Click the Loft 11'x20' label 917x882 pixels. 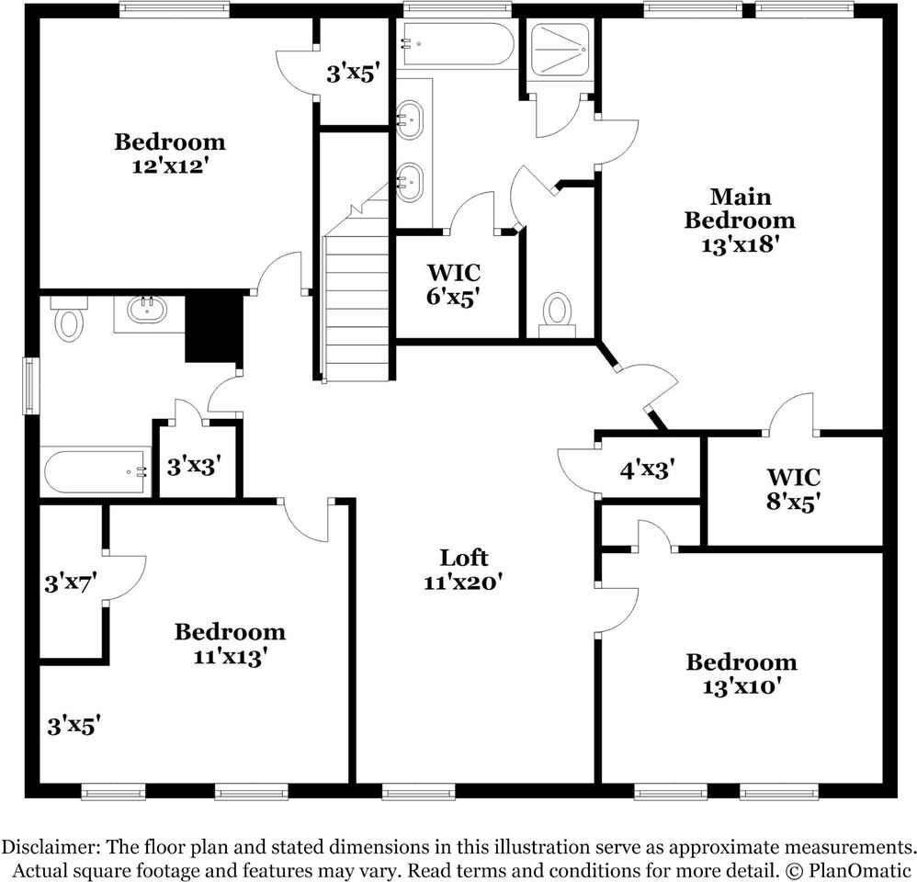pos(464,569)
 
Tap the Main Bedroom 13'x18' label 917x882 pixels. pos(740,220)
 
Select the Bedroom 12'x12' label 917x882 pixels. pos(169,153)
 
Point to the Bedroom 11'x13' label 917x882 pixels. pos(230,643)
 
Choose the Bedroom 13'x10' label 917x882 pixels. pos(742,673)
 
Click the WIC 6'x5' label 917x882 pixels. pos(453,284)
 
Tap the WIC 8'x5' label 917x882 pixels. pos(793,489)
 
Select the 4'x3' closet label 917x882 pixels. pos(648,469)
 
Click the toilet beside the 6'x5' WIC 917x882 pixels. pos(557,311)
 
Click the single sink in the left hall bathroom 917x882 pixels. pos(146,310)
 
